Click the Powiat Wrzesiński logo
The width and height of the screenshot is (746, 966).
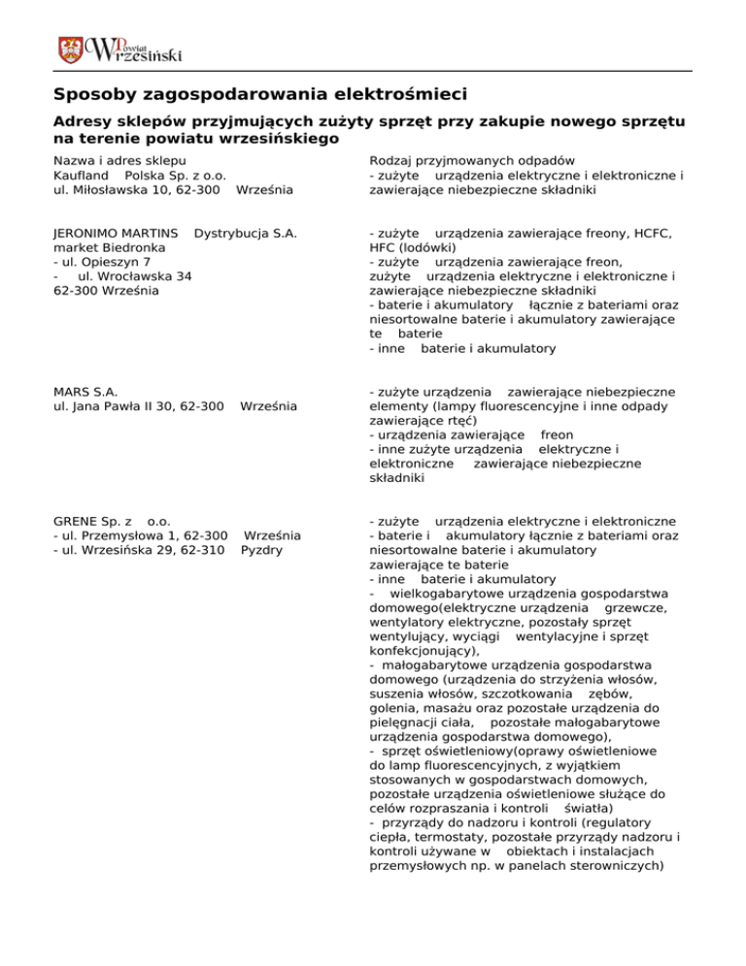119,49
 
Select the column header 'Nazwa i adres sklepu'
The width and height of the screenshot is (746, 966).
120,159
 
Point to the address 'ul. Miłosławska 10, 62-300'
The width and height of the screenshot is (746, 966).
134,190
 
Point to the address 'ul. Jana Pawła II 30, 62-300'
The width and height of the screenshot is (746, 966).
139,406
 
